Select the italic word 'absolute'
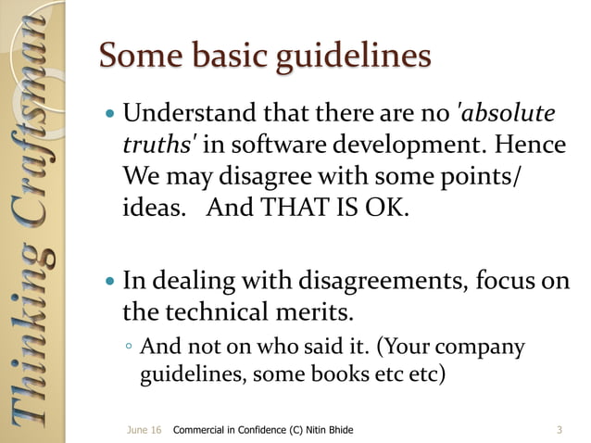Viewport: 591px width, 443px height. tap(510, 115)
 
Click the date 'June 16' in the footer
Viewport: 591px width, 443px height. tap(144, 430)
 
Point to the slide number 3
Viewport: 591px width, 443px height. tap(560, 430)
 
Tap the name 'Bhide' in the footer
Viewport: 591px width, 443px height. tap(335, 430)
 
